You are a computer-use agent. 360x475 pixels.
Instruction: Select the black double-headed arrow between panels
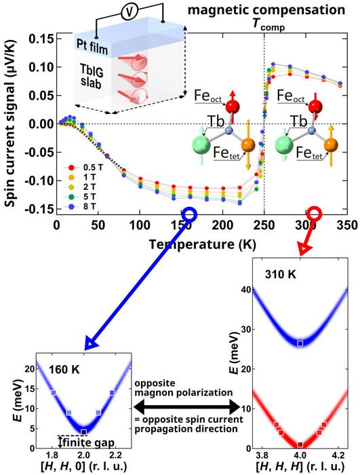(186, 408)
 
